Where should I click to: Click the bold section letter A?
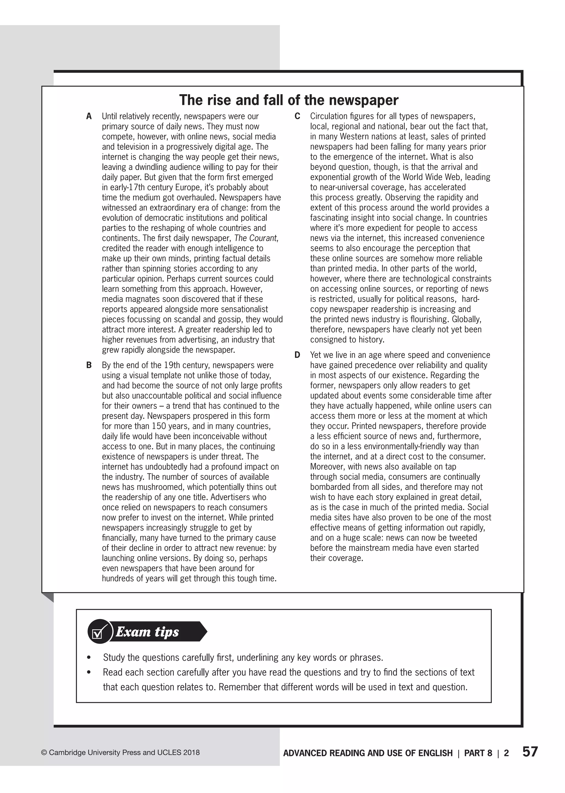(x=89, y=116)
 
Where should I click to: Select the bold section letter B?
(x=89, y=365)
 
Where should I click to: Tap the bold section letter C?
(x=297, y=116)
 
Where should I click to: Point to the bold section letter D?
(x=297, y=355)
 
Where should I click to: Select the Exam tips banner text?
(x=147, y=632)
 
